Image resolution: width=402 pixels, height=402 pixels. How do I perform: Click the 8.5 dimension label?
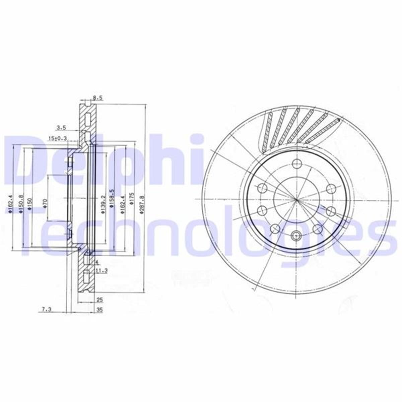tap(97, 98)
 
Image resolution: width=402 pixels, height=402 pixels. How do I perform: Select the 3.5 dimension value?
tap(61, 127)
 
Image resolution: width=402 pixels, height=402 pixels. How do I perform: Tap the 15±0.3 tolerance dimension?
tap(58, 138)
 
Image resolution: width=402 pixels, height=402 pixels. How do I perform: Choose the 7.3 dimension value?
tap(47, 310)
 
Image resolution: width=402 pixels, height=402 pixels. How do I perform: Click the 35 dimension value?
tap(99, 310)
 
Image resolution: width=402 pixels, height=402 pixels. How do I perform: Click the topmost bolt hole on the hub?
tap(296, 164)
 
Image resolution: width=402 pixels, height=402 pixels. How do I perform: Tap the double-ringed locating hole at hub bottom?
tap(296, 236)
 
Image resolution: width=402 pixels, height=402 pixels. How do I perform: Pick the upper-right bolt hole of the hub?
tap(331, 189)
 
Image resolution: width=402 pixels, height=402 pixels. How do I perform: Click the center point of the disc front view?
tap(296, 200)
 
